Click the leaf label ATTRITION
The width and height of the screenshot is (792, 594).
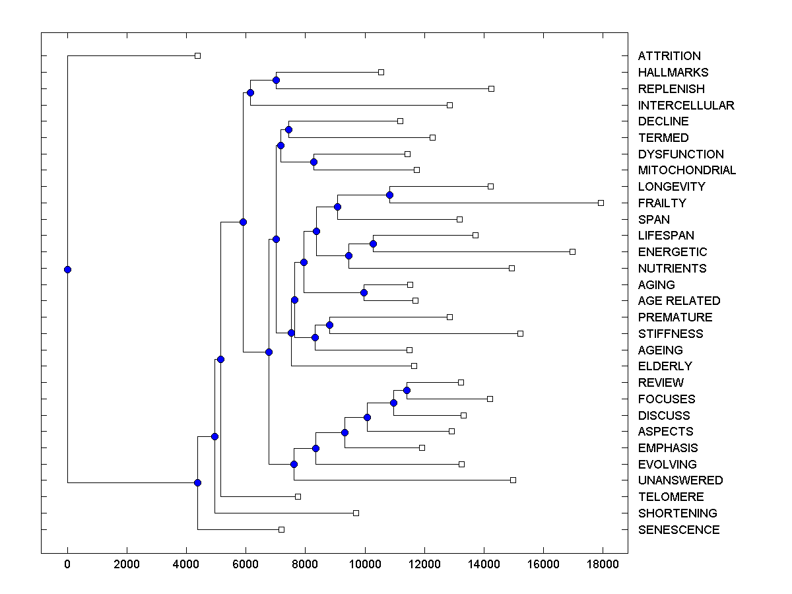pos(669,56)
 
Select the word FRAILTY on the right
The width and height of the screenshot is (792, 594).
pos(662,203)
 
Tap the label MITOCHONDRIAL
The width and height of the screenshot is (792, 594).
pos(686,170)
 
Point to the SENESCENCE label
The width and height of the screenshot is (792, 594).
pos(678,530)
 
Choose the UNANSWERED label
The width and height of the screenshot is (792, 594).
pos(680,480)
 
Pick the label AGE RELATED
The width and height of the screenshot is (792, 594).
pos(679,301)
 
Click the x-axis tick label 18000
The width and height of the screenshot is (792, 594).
pos(603,564)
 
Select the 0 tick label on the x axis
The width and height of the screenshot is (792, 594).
pos(67,564)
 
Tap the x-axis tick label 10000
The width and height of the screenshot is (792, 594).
pos(365,564)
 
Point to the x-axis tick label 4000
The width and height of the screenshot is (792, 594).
pos(186,564)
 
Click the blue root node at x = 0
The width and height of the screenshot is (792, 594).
pos(67,269)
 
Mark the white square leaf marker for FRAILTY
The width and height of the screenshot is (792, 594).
pos(601,203)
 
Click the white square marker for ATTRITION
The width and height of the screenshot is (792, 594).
pos(197,55)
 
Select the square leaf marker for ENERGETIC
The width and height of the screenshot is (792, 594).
pos(572,251)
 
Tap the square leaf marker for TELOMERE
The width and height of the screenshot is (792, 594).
pos(298,496)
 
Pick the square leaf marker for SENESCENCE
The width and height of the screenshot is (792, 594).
pos(281,529)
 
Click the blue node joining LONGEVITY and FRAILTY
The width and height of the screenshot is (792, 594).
pos(389,195)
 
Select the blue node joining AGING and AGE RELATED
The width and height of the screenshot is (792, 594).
pos(364,292)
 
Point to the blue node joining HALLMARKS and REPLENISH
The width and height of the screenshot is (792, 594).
pos(276,80)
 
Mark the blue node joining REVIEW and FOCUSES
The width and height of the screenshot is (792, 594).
pos(407,390)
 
